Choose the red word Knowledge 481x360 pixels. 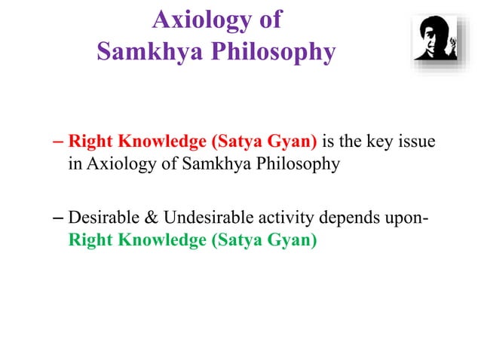[149, 142]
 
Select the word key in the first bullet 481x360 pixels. [375, 142]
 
